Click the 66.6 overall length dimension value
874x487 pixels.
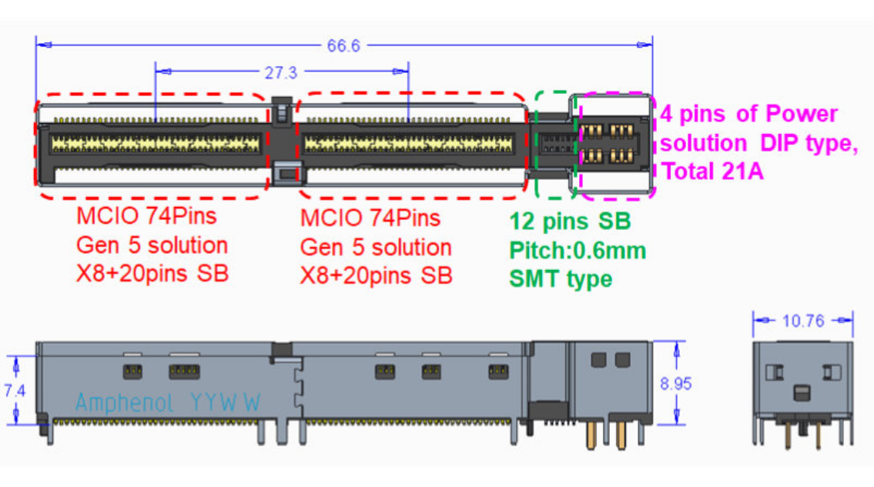pos(343,45)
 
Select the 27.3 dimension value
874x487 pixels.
pos(281,72)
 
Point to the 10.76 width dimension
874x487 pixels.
pos(802,321)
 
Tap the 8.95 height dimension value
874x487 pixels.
pos(675,383)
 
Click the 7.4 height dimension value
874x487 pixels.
pos(15,391)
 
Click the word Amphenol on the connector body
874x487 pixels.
pos(124,403)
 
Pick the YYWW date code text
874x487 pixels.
pos(225,402)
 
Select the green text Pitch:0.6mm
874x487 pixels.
pos(578,250)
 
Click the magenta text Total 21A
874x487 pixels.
pos(712,171)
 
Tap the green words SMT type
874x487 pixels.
pos(561,279)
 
